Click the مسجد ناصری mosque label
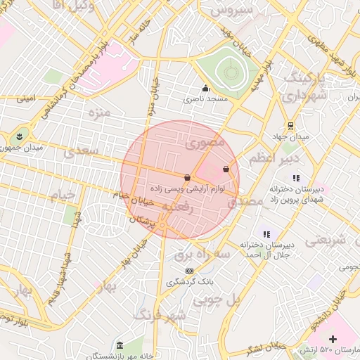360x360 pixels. coord(206,99)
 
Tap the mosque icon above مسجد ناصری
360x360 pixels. coord(205,89)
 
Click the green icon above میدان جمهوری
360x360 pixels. coord(20,136)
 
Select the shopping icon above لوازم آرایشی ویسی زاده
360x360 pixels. coord(187,177)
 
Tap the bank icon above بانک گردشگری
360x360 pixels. coord(188,271)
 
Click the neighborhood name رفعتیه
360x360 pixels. coord(179,208)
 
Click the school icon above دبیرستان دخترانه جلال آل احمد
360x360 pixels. coord(266,234)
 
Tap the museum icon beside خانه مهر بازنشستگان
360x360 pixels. coord(120,346)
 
